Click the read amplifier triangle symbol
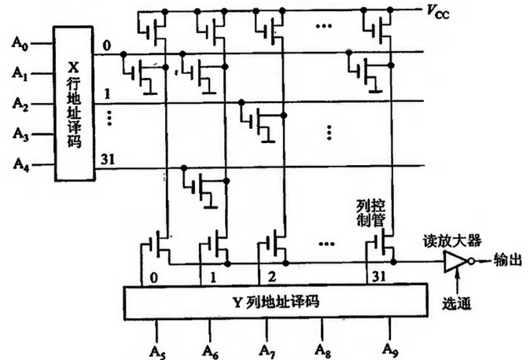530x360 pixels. pyautogui.click(x=455, y=263)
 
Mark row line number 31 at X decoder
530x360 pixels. pyautogui.click(x=106, y=160)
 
